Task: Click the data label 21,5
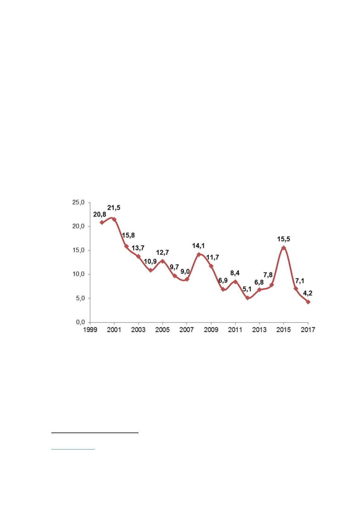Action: click(114, 208)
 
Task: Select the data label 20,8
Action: click(99, 215)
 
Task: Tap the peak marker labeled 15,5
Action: click(284, 248)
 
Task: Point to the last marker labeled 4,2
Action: click(308, 302)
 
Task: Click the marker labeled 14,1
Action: click(199, 254)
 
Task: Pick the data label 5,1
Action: click(247, 289)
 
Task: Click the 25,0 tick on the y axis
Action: click(78, 202)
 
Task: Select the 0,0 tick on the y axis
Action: click(80, 322)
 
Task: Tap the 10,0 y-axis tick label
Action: click(78, 274)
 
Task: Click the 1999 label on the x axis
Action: click(90, 330)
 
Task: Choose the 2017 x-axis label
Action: click(308, 330)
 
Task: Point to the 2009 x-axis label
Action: click(211, 330)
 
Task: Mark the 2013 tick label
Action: click(259, 330)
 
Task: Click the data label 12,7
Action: click(163, 252)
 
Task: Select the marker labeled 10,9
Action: click(151, 270)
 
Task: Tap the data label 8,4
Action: click(235, 273)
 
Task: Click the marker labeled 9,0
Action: click(187, 279)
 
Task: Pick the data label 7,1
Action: click(300, 281)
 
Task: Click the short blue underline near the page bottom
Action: click(73, 449)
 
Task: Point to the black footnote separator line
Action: click(95, 433)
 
